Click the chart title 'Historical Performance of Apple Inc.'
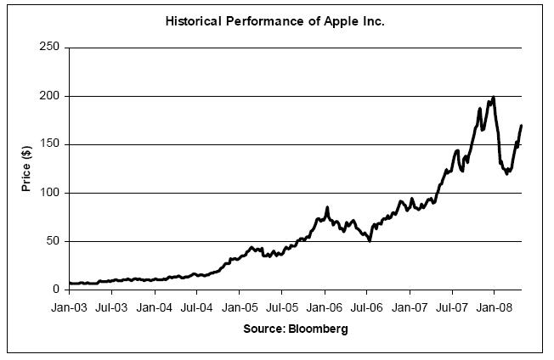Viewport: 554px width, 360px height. click(274, 20)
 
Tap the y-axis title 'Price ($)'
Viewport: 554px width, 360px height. click(27, 168)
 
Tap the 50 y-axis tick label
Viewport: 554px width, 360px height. click(53, 241)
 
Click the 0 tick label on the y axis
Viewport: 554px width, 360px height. click(56, 290)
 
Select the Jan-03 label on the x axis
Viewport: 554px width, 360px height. click(69, 306)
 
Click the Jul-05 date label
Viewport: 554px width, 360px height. click(281, 306)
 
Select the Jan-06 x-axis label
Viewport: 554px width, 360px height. click(325, 306)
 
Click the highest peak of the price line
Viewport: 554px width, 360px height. click(494, 98)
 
